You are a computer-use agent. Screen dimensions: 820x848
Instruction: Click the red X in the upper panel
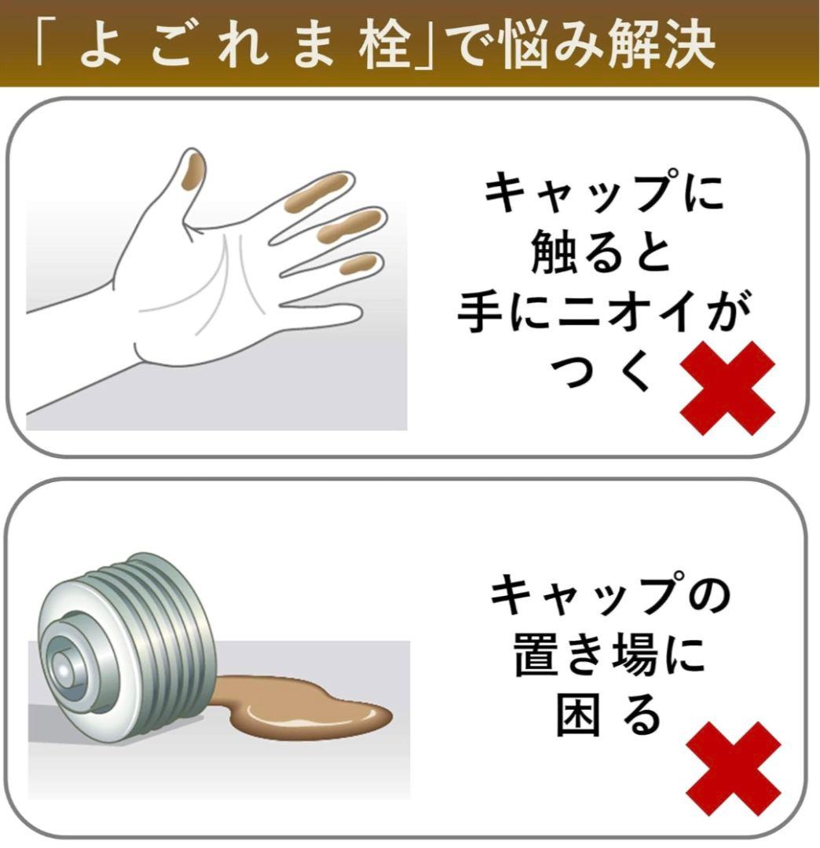[x=727, y=388]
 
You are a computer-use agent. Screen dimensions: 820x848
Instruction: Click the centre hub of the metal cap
[x=64, y=671]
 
